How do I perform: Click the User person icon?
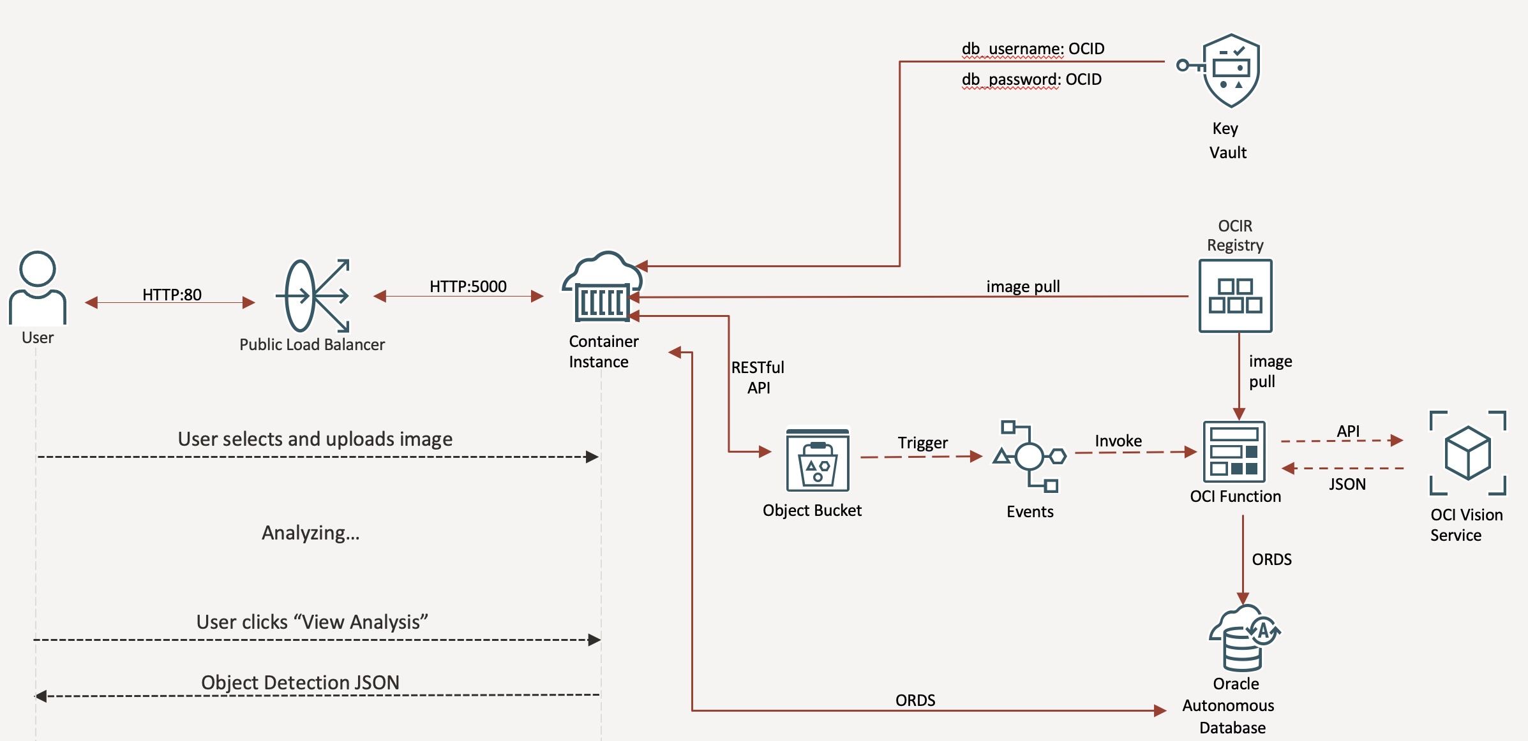pos(38,288)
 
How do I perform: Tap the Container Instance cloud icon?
pos(602,288)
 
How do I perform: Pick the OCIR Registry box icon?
pos(1235,296)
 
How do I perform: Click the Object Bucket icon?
pos(817,460)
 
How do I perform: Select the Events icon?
pos(1030,457)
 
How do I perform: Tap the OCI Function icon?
pos(1234,452)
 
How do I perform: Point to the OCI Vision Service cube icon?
pos(1467,453)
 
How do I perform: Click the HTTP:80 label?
pos(172,295)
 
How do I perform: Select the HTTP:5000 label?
pos(468,286)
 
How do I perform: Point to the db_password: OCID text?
pos(1031,79)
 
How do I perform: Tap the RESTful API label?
pos(758,378)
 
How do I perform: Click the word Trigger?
pos(922,443)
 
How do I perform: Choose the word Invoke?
pos(1118,441)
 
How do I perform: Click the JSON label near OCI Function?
pos(1347,484)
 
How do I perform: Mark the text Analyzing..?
pos(311,532)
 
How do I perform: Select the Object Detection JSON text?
pos(300,682)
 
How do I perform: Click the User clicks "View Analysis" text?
pos(312,622)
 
